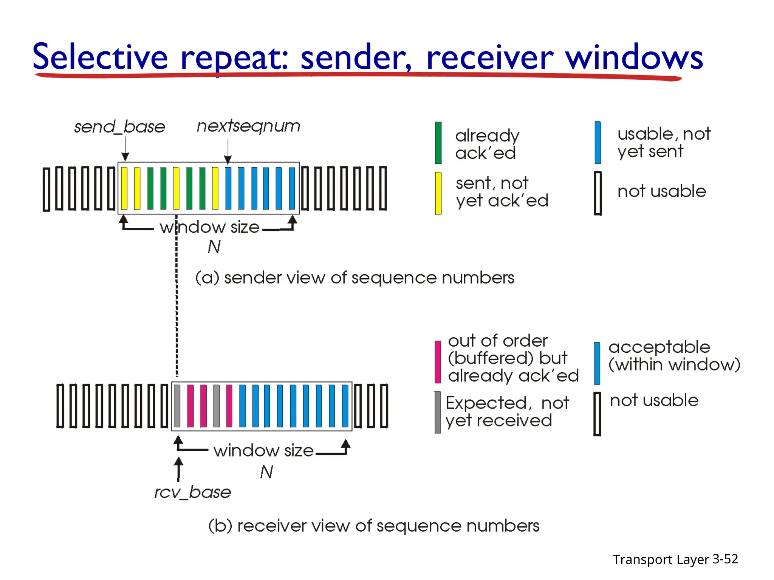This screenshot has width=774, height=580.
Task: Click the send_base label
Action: [119, 127]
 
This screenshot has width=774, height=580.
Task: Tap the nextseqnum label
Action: [248, 126]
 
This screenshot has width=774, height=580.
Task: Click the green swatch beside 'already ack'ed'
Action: [438, 143]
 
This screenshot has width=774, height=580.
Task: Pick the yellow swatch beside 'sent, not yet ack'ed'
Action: [438, 193]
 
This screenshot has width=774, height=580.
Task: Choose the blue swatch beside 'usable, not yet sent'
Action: [598, 142]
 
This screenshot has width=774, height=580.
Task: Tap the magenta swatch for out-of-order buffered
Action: [438, 362]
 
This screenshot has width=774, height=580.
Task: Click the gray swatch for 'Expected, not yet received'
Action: [438, 412]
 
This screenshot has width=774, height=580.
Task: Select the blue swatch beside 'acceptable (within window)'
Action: [597, 363]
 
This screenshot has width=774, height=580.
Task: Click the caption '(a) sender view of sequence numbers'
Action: [354, 278]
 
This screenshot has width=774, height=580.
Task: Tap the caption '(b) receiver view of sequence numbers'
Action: [374, 526]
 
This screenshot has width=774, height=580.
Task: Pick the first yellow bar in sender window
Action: [124, 188]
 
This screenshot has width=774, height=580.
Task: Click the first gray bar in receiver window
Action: [177, 406]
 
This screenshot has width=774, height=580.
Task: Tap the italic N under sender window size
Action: [214, 247]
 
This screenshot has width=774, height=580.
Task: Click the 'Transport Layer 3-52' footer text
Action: [675, 559]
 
